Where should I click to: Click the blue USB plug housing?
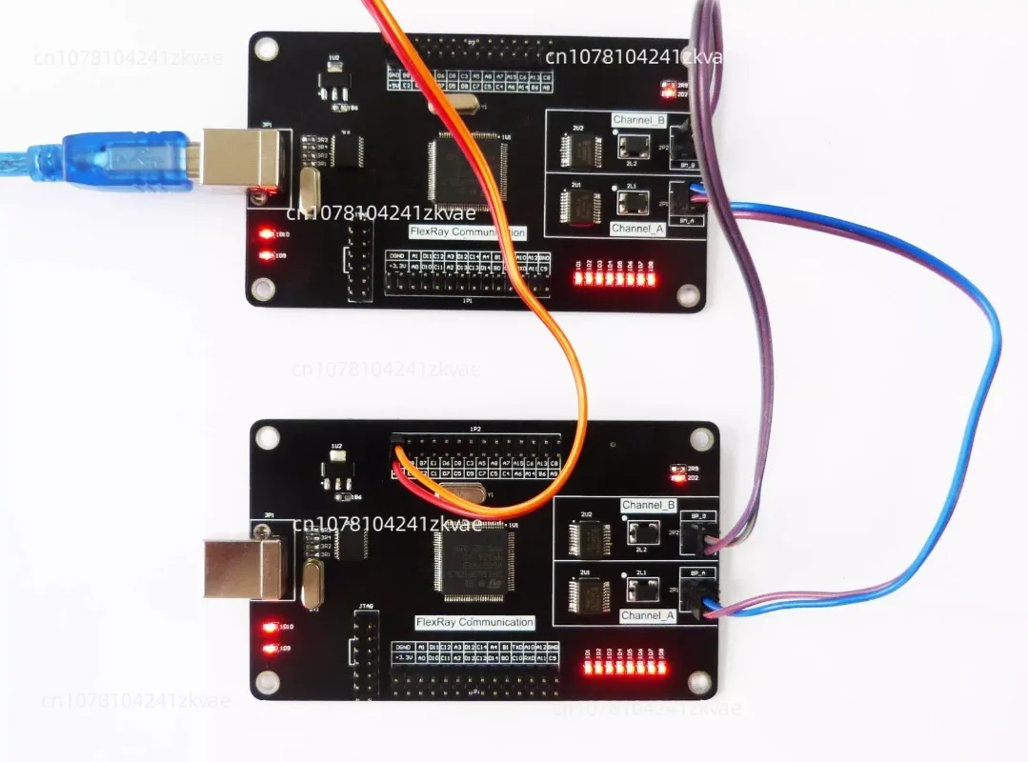(x=129, y=157)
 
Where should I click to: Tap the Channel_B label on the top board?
(x=637, y=121)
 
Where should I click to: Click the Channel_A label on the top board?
(x=637, y=229)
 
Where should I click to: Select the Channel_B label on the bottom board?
(x=648, y=505)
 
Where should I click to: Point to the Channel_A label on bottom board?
(x=648, y=615)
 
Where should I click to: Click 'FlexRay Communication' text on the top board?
(x=467, y=231)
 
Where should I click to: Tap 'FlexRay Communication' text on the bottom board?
(x=474, y=622)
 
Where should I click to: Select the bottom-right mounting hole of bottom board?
(x=702, y=679)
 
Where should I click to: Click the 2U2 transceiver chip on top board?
(x=578, y=148)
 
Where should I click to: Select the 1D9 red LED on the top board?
(x=266, y=255)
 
